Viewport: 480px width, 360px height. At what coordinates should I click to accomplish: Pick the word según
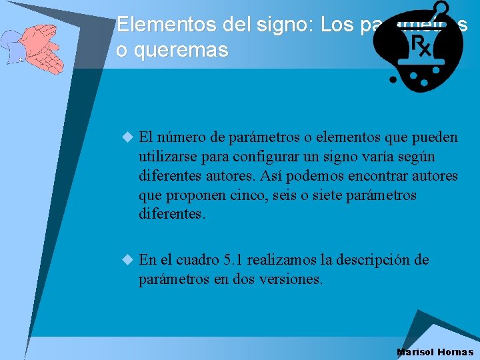tap(413, 157)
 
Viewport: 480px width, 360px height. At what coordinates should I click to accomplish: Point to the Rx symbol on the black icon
tap(421, 45)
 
